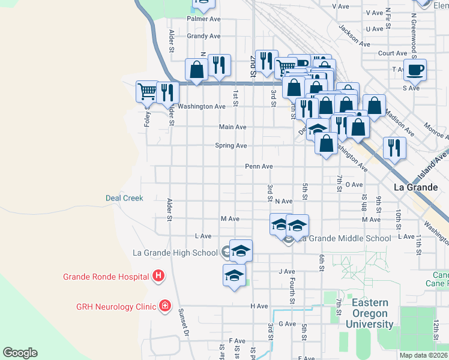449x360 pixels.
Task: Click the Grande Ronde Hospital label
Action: click(x=106, y=277)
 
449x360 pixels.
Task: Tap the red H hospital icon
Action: click(x=158, y=277)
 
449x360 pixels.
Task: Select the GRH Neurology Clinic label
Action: click(x=116, y=306)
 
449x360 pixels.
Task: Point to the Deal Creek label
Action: click(x=124, y=197)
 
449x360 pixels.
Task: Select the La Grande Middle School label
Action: click(x=346, y=238)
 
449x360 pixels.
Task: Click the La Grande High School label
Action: click(x=175, y=253)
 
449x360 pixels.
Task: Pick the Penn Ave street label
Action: click(x=259, y=166)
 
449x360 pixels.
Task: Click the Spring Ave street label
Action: click(x=231, y=146)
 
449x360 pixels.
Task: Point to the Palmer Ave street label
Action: click(x=203, y=19)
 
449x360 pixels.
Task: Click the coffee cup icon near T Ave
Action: click(x=414, y=70)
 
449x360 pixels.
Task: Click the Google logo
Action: click(x=20, y=353)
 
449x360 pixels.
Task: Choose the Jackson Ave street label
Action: click(x=354, y=35)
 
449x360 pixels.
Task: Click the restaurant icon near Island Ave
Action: click(x=394, y=147)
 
